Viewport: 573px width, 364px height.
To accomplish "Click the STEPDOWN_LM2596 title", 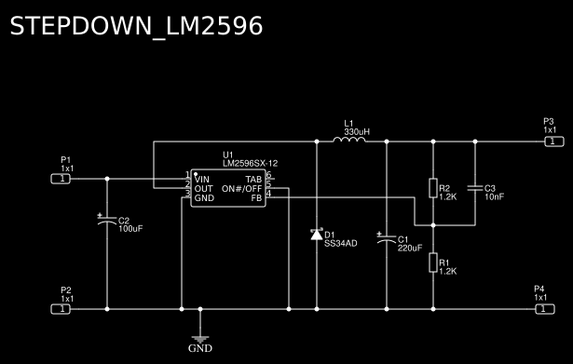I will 136,26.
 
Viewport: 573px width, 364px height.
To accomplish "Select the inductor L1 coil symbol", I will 349,141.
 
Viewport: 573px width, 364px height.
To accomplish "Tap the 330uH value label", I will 356,132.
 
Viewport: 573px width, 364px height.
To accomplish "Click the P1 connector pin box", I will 61,178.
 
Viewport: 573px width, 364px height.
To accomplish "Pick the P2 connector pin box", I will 61,308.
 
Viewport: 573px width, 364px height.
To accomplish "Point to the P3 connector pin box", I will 553,142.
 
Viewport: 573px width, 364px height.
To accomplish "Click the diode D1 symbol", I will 316,234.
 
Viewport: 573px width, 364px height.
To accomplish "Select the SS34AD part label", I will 340,244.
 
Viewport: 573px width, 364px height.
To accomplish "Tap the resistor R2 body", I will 432,189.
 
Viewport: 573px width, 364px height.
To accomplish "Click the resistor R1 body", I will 432,263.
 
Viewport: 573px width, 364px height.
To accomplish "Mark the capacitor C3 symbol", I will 475,189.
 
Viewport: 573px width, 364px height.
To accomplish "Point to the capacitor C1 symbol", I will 387,240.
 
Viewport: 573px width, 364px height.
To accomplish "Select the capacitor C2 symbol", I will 107,221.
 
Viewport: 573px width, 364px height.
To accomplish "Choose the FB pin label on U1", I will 255,198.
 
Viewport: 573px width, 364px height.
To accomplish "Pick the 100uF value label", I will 130,229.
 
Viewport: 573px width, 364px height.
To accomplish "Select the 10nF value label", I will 495,197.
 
